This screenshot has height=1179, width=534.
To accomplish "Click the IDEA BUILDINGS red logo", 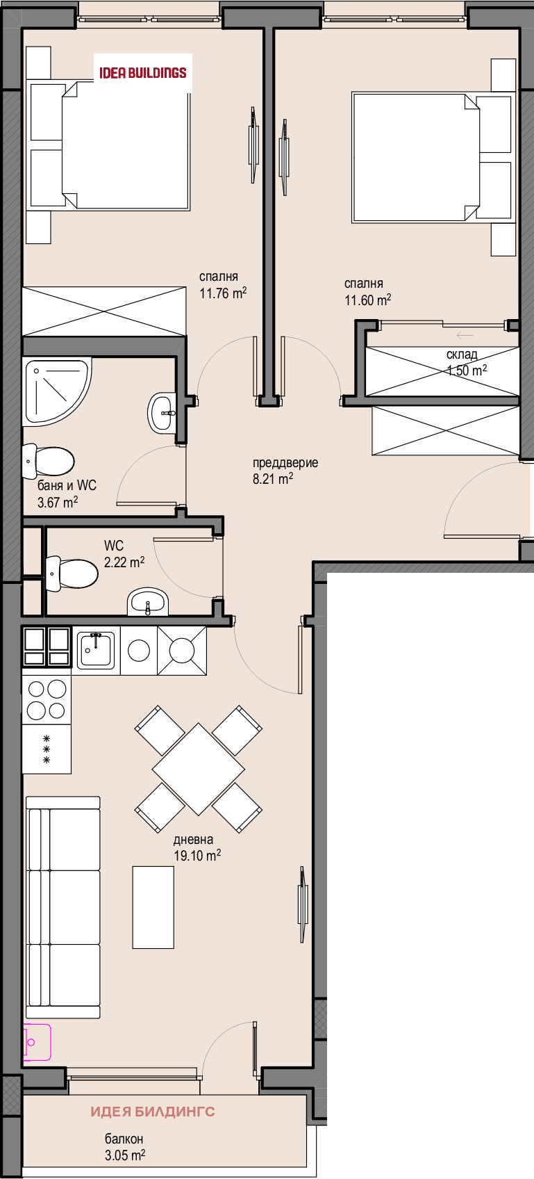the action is (x=143, y=72).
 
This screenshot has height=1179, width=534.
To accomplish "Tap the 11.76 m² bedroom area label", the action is (x=223, y=285).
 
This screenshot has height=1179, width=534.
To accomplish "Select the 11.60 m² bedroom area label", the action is (x=367, y=292).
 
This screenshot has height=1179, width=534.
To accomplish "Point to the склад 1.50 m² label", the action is (x=466, y=363).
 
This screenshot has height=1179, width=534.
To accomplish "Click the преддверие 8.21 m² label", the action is (x=285, y=471).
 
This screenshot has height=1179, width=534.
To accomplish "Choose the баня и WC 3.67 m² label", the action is (x=67, y=493).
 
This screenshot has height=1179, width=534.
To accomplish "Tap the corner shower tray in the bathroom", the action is (x=57, y=392).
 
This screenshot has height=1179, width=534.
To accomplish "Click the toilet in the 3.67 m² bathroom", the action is (x=48, y=461).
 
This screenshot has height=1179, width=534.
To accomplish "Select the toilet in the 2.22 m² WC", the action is (x=72, y=574).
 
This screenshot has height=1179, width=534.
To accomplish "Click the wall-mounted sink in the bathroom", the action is (x=163, y=413).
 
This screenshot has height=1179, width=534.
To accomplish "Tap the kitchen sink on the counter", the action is (x=96, y=650).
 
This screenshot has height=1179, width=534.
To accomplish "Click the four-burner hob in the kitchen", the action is (x=47, y=700).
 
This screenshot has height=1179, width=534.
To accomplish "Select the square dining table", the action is (x=198, y=769).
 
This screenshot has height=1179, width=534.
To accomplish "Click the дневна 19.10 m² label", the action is (x=197, y=847).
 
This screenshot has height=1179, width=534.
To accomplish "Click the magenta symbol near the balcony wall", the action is (x=36, y=1041).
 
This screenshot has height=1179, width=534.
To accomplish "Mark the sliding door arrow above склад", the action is (x=465, y=335).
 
